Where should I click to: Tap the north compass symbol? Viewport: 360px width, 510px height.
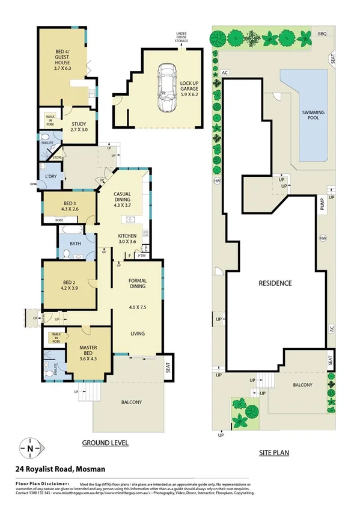pyautogui.click(x=30, y=447)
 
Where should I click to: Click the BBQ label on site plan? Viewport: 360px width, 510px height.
pyautogui.click(x=322, y=34)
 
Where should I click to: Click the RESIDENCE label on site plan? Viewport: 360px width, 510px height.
pyautogui.click(x=275, y=283)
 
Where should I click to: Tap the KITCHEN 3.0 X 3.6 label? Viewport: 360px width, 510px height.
pyautogui.click(x=127, y=239)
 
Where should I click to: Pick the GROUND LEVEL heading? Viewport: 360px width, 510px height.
pyautogui.click(x=105, y=443)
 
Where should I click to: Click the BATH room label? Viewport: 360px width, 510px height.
pyautogui.click(x=75, y=244)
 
